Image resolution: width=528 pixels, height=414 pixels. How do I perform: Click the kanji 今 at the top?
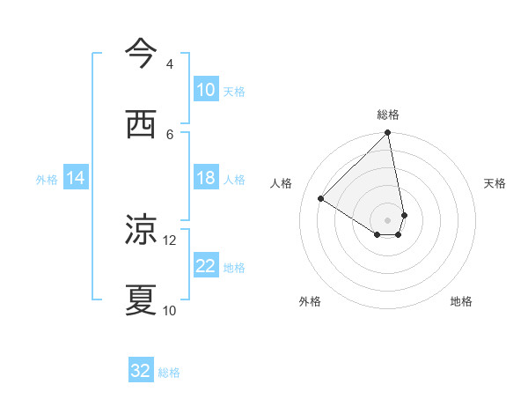point(141,54)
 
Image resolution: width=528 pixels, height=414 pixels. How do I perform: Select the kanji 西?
point(141,124)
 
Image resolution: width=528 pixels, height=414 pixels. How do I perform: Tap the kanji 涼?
point(141,231)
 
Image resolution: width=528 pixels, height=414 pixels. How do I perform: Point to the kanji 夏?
point(141,300)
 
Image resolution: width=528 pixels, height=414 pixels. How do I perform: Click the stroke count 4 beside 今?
point(170,64)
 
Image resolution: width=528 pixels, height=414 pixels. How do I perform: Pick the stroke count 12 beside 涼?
point(170,240)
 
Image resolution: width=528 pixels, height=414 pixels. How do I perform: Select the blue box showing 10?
point(206,90)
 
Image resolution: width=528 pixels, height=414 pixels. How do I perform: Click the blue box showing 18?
point(206,178)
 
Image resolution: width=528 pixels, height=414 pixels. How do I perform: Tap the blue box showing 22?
point(206,266)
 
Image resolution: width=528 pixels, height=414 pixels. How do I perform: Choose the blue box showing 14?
point(76,178)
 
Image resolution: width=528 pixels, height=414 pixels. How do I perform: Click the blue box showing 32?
point(141,371)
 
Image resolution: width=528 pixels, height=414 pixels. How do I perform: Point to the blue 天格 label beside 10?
point(234,91)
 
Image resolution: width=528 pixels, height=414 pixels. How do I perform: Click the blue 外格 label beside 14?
point(47,179)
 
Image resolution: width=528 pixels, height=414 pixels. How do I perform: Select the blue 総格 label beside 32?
point(169,372)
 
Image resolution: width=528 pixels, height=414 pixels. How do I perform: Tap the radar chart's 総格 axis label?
point(388,115)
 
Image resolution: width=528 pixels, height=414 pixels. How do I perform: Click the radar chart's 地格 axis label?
point(461,301)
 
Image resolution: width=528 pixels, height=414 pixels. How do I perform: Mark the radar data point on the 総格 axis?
point(388,134)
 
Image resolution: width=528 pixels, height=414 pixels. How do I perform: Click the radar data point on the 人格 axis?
point(321,199)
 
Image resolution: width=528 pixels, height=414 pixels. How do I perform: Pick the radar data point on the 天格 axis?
point(404,215)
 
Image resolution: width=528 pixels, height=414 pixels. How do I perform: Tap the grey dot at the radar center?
point(388,220)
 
